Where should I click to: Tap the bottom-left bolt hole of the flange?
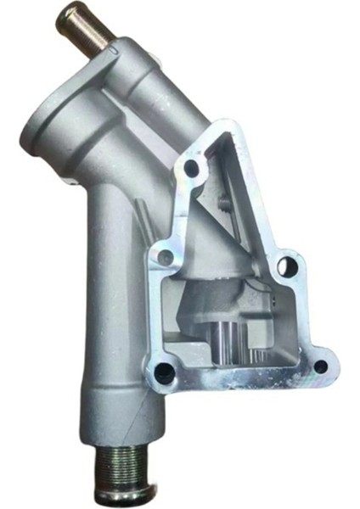(166, 370)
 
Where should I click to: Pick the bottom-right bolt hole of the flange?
(319, 366)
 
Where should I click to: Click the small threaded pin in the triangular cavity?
(222, 203)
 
